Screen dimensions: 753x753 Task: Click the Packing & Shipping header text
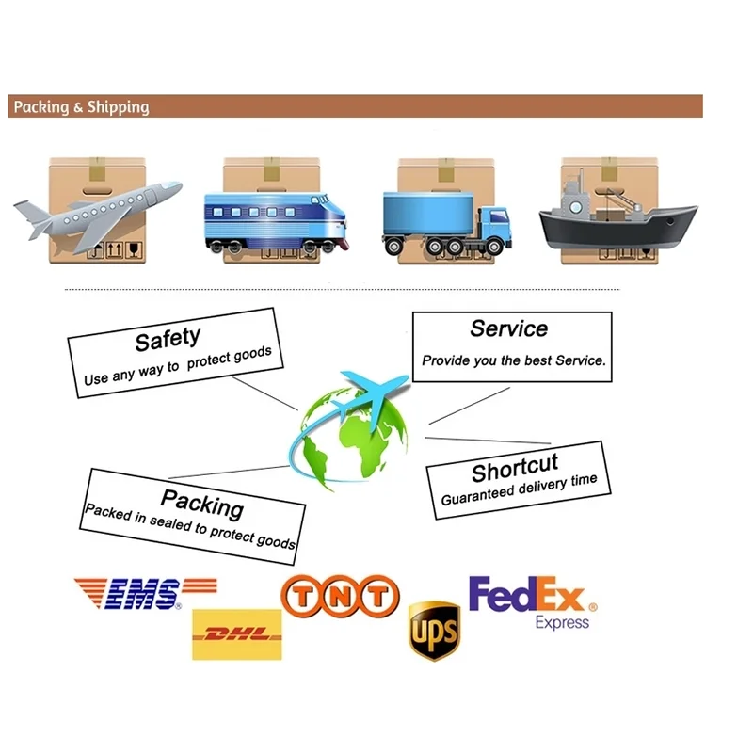tap(81, 106)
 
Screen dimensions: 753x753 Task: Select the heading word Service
tap(508, 328)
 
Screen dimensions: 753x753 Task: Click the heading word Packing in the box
tap(201, 504)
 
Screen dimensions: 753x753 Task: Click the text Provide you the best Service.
tap(514, 360)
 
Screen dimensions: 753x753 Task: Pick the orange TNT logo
tap(340, 597)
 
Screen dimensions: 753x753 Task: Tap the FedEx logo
tap(527, 595)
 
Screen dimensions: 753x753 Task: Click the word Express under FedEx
tap(563, 622)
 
